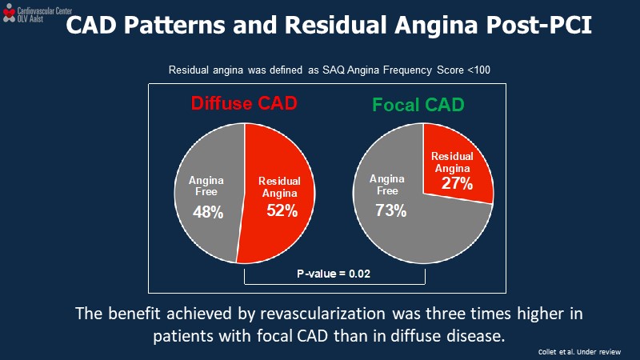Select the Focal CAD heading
[418, 105]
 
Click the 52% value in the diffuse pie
[282, 211]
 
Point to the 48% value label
[208, 213]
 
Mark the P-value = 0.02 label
[334, 274]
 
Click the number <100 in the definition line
[479, 70]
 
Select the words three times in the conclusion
[456, 313]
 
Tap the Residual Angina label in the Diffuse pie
[280, 187]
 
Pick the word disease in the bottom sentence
[475, 334]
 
